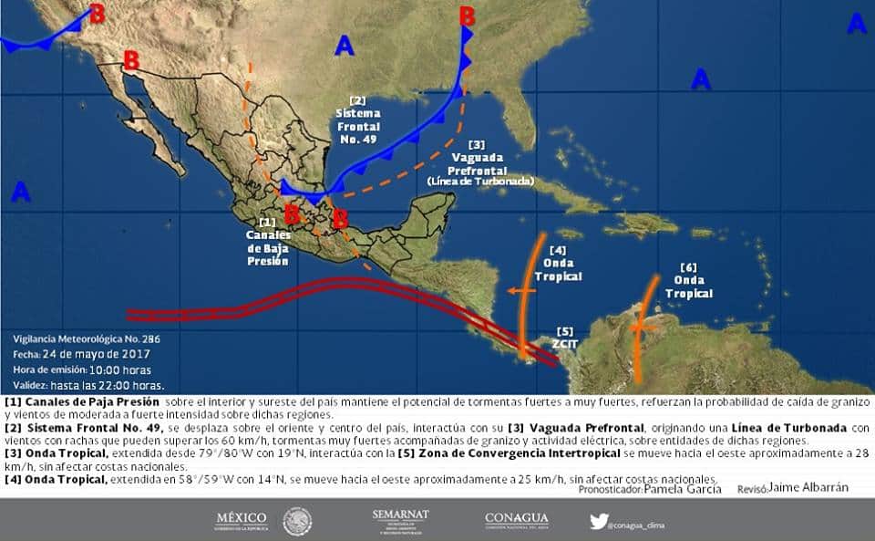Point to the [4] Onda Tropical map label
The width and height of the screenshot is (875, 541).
(x=558, y=264)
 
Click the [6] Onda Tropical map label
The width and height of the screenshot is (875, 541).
(x=688, y=281)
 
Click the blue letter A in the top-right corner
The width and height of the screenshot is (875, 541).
(x=856, y=25)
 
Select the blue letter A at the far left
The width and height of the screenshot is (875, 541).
(x=21, y=192)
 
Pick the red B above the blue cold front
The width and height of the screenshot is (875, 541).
(x=467, y=16)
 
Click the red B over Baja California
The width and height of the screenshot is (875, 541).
(x=131, y=60)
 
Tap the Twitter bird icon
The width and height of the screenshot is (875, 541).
(x=599, y=522)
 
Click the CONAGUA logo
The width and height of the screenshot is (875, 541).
(x=516, y=520)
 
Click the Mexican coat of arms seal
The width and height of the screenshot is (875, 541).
(x=297, y=522)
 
